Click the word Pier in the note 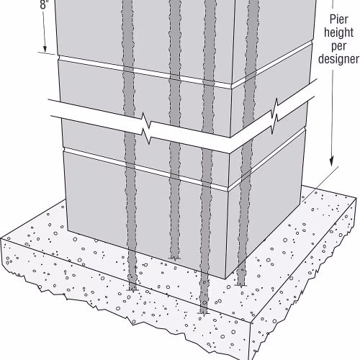pos(338,19)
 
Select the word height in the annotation pos(338,32)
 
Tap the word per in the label pos(339,46)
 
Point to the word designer pos(338,59)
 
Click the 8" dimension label pos(45,5)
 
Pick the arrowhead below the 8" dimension pos(45,49)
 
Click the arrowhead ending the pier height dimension pos(331,161)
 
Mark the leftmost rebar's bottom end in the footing pos(132,291)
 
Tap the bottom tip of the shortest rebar pos(174,258)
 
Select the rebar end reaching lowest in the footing pos(203,313)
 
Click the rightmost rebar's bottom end pos(241,285)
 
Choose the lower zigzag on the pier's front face pos(146,136)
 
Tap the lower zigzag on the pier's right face pos(275,124)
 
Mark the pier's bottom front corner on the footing pos(225,279)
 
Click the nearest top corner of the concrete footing pos(251,323)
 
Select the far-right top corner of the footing pos(356,198)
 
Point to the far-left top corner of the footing pos(1,239)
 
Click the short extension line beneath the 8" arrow pos(48,53)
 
